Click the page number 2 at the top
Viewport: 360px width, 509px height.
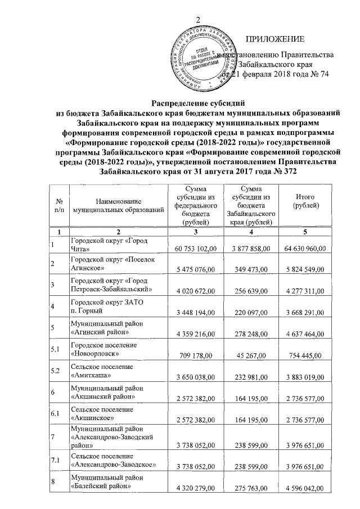[198, 21]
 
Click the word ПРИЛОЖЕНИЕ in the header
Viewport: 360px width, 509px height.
[275, 39]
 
